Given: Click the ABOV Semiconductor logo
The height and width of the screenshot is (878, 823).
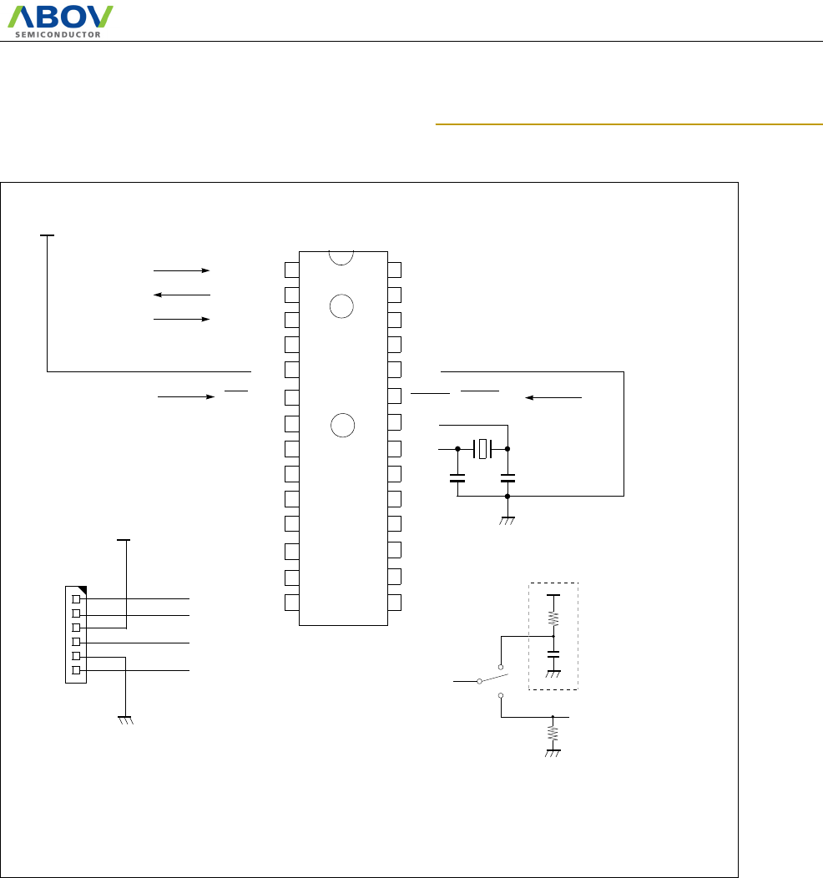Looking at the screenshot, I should [61, 21].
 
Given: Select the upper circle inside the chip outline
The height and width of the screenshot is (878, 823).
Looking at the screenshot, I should [341, 306].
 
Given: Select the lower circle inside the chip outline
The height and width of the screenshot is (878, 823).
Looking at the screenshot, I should [341, 425].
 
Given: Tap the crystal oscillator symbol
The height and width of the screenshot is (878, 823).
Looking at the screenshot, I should [482, 449].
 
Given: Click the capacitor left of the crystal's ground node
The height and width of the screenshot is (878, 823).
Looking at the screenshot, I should [457, 478].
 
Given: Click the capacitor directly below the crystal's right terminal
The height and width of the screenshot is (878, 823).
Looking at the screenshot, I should [507, 478].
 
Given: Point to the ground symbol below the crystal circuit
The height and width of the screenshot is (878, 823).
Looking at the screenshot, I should [507, 520].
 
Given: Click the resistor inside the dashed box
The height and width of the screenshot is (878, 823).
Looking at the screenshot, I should [553, 618].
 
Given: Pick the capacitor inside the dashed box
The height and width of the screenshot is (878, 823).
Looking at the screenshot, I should [553, 654].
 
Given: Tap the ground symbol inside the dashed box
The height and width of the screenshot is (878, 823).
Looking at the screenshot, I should [553, 673].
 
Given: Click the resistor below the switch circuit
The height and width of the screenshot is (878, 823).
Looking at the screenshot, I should [553, 733].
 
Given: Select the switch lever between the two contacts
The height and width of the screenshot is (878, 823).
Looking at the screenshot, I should [491, 677].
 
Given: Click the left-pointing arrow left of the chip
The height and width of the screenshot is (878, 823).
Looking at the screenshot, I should [182, 295].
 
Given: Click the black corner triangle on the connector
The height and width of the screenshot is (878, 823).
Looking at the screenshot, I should [82, 591].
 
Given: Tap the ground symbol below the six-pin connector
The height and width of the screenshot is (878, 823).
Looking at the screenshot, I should [126, 719].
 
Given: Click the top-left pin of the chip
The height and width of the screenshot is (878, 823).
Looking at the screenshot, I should [291, 270].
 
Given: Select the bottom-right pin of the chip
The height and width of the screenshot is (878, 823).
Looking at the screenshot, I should [394, 602].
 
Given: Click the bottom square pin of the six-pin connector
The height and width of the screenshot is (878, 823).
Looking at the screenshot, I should [77, 670].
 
